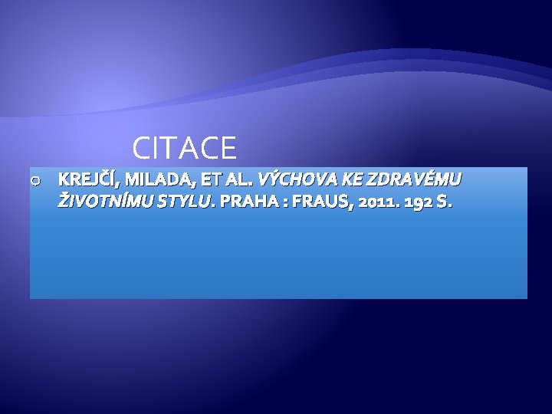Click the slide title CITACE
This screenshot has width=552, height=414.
coord(184,147)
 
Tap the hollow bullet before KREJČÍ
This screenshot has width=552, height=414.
coord(35,181)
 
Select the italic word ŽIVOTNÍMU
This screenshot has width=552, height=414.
coord(105,202)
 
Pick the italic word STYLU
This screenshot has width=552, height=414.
coord(183,202)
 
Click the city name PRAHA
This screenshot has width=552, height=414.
coord(249,202)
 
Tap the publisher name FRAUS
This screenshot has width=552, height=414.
coord(321,202)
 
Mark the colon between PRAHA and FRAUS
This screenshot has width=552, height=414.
coord(285,203)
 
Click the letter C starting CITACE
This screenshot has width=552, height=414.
coord(141,147)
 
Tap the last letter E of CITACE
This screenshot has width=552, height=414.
coord(228,147)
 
